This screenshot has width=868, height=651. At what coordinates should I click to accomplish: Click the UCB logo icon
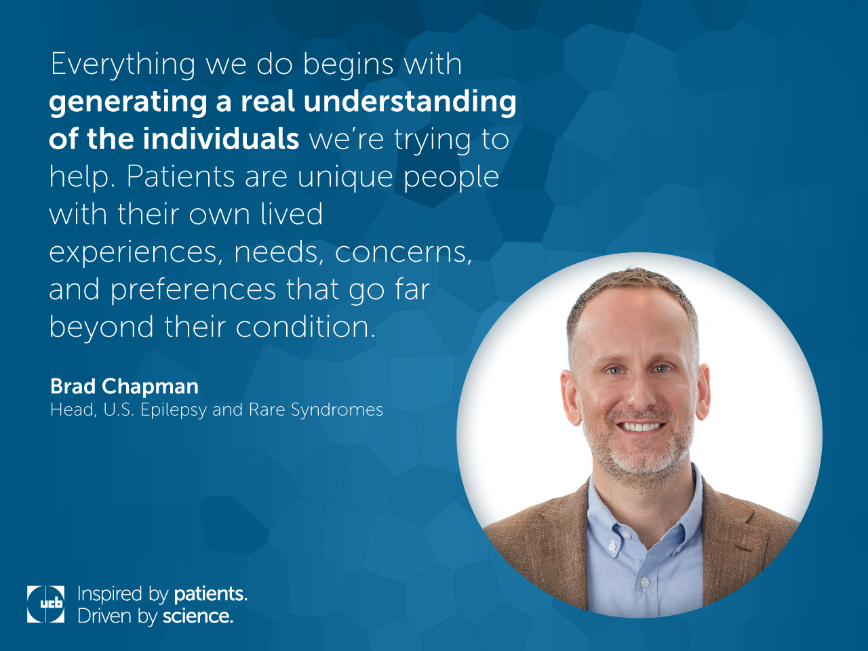(45, 604)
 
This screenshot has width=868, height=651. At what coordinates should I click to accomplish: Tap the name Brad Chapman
(124, 386)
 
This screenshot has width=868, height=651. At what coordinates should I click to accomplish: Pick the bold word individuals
(220, 139)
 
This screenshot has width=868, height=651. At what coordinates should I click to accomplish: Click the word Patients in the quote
(180, 176)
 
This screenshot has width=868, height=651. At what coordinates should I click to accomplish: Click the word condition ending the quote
(305, 327)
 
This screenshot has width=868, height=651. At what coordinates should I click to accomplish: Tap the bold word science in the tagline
(198, 616)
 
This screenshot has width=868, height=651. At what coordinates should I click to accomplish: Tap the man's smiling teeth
(642, 427)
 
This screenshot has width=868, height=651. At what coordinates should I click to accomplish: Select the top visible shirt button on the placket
(612, 547)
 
